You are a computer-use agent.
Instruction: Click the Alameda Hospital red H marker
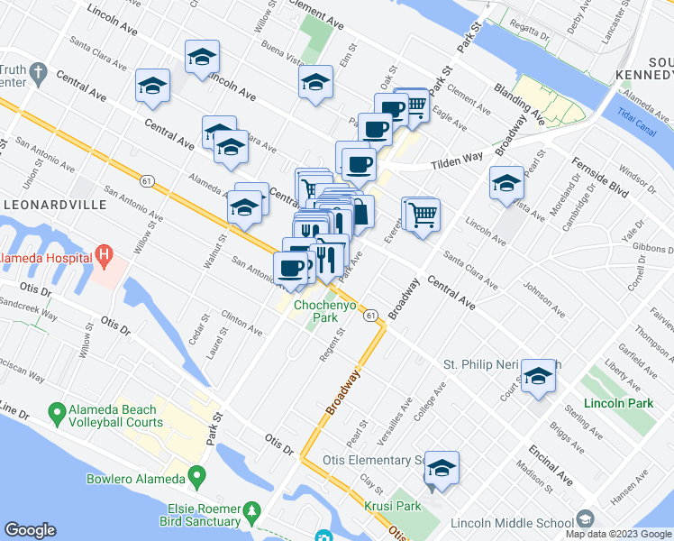(105, 257)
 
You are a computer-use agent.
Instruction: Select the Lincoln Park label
(617, 403)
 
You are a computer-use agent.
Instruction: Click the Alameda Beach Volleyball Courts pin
(54, 416)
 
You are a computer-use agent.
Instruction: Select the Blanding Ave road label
(520, 103)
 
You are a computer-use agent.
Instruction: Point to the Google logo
(31, 530)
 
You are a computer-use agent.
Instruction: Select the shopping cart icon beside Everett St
(422, 216)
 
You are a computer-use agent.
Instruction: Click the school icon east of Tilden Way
(506, 183)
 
